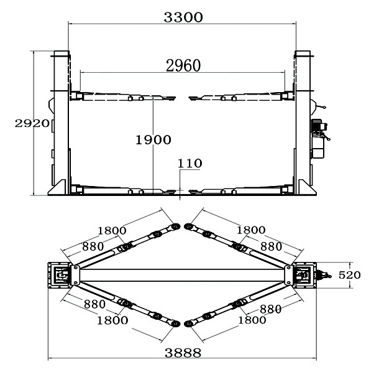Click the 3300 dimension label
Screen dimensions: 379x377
click(183, 17)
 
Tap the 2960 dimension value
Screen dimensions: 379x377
click(183, 65)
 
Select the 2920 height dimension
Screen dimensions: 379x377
click(32, 124)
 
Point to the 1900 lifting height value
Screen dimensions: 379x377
click(153, 140)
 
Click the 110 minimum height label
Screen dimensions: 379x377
click(189, 164)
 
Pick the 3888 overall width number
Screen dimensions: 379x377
click(183, 353)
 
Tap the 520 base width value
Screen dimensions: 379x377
click(350, 275)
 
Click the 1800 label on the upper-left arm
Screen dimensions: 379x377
click(112, 231)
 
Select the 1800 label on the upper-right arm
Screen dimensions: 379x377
click(251, 230)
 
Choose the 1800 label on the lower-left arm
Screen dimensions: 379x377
click(112, 320)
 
